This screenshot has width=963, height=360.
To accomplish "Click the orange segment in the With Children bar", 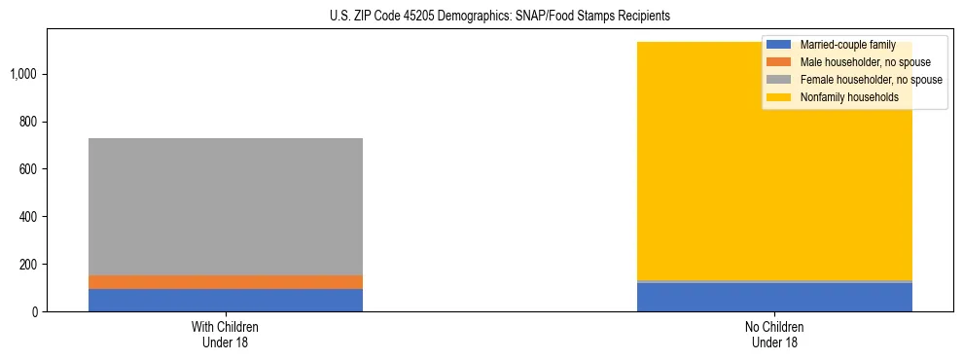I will [226, 282].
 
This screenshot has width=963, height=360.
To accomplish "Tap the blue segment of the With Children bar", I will [226, 300].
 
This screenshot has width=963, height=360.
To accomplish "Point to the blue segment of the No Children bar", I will [774, 298].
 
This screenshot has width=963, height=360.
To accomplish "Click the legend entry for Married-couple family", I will [847, 45].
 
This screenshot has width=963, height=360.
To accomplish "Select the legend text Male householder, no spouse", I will [865, 62].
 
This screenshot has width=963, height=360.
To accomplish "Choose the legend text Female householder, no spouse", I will [871, 80].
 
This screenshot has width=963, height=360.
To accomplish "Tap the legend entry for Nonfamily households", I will [849, 97].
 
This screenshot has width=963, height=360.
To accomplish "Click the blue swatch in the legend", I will [780, 45].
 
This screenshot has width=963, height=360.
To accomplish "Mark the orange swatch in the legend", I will [780, 62].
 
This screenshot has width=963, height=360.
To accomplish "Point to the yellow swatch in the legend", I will [780, 97].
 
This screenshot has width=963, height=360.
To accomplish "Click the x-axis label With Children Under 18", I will [226, 334].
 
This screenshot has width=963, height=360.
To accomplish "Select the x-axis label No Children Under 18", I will [774, 334].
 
